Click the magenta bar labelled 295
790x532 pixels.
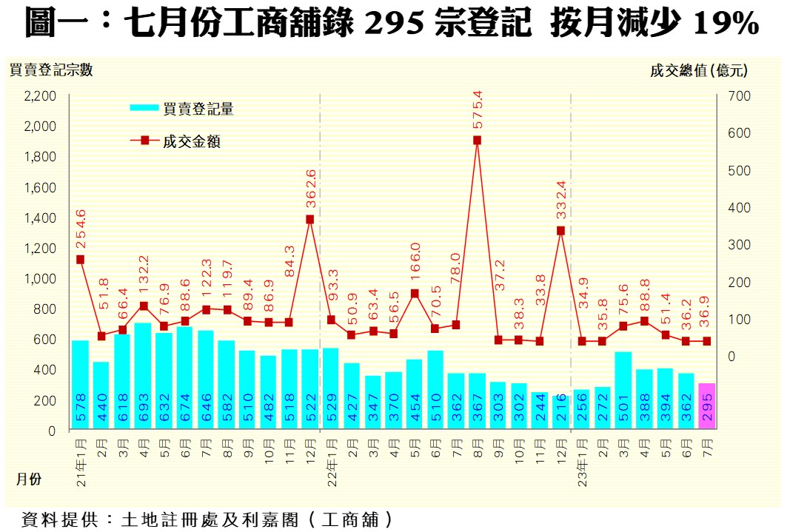coord(706,406)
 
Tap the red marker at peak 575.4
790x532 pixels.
coord(477,140)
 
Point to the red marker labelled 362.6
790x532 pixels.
coord(309,219)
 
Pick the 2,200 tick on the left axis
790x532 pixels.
coord(40,96)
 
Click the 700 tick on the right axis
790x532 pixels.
coord(741,96)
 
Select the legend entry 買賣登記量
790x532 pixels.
coord(198,109)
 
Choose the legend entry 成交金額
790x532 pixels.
coord(192,141)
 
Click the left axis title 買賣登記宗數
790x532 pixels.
coord(51,70)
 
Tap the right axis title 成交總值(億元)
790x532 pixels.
coord(698,70)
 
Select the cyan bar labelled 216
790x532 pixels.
coord(560,412)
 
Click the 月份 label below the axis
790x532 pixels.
coord(29,479)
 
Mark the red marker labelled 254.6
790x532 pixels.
coord(80,260)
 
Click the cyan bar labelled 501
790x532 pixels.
coord(623,391)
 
